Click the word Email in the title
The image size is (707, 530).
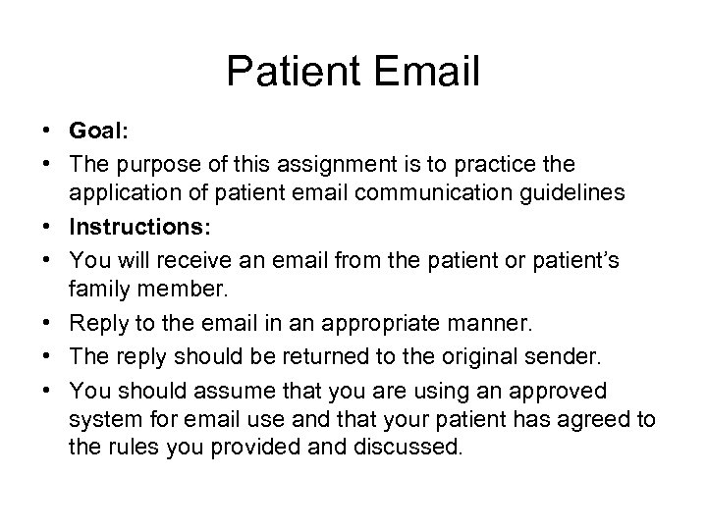click(420, 71)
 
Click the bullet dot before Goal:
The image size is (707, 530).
click(46, 132)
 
